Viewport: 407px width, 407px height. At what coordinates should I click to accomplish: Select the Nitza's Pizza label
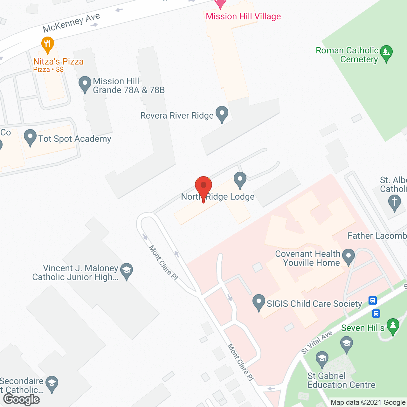click(59, 62)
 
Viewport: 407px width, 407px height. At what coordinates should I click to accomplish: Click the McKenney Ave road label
click(72, 23)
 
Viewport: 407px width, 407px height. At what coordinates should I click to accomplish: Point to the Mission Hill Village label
click(243, 17)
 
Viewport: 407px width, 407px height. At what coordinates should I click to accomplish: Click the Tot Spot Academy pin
click(30, 137)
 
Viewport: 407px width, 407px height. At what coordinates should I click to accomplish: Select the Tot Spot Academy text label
click(75, 139)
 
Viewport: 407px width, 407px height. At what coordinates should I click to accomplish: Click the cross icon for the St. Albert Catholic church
click(394, 203)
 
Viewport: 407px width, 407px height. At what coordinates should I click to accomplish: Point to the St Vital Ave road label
click(317, 342)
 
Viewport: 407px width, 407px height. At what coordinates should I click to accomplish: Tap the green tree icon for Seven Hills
click(393, 326)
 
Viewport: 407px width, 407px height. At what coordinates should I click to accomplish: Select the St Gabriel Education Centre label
click(341, 381)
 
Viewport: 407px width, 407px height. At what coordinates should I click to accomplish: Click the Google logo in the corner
click(22, 399)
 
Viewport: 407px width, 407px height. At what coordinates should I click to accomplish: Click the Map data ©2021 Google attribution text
click(368, 403)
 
